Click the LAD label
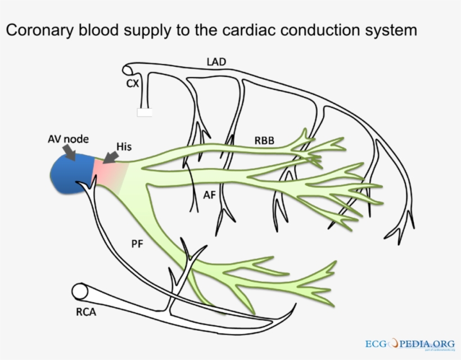[215, 61]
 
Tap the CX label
[133, 83]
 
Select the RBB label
[264, 141]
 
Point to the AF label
[209, 195]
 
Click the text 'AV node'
[68, 139]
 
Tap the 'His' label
[124, 146]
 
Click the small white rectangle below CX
[144, 112]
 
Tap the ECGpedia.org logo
[409, 343]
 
